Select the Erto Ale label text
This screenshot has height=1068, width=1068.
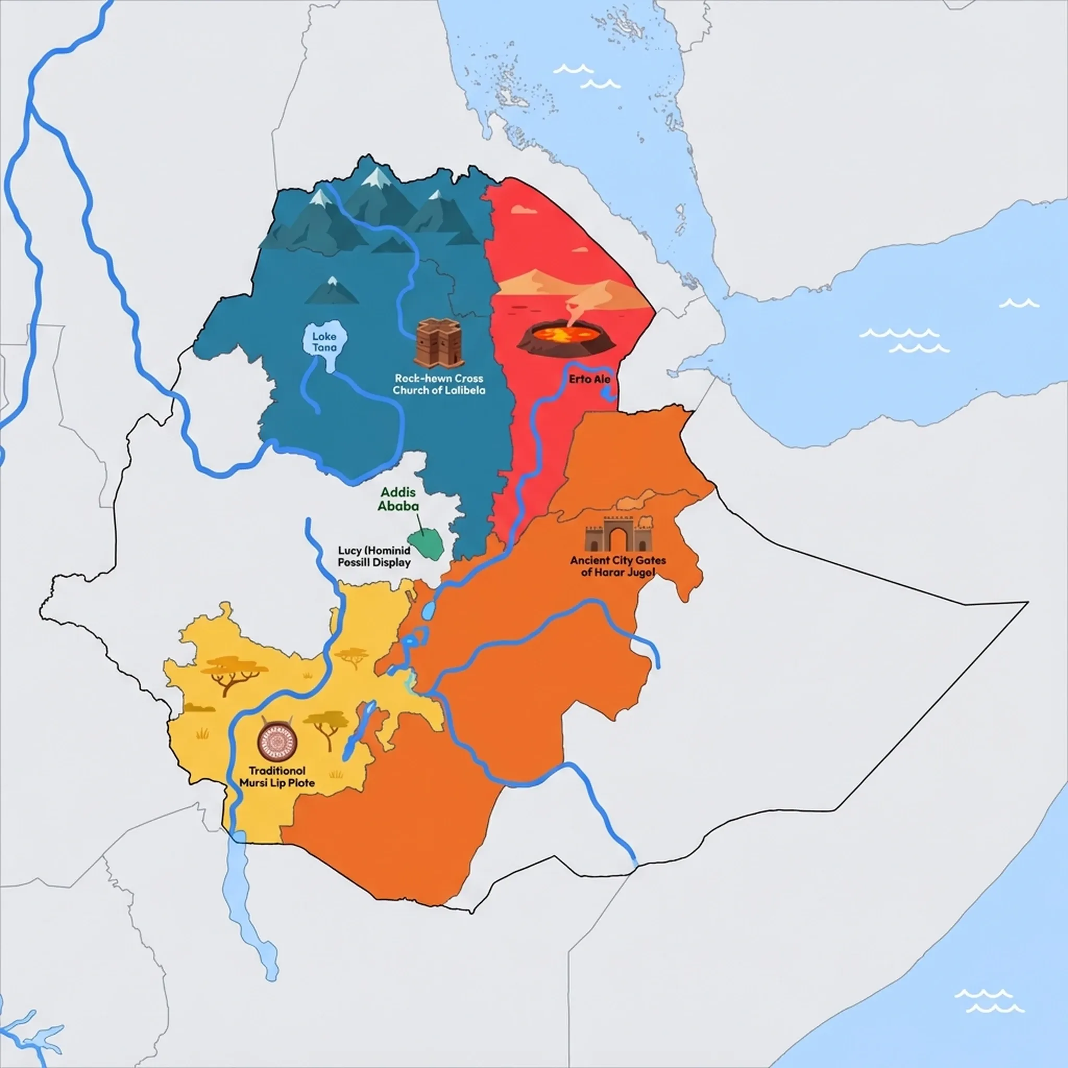click(590, 379)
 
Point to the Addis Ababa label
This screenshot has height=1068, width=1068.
click(398, 499)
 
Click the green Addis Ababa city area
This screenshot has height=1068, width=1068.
click(425, 543)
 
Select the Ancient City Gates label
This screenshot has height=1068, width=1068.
click(618, 565)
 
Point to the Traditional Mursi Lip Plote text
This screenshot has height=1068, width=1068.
click(277, 776)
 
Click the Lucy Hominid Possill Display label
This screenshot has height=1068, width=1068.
click(374, 556)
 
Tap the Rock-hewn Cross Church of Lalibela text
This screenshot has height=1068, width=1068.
click(439, 384)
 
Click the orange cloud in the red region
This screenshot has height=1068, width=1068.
click(523, 210)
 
